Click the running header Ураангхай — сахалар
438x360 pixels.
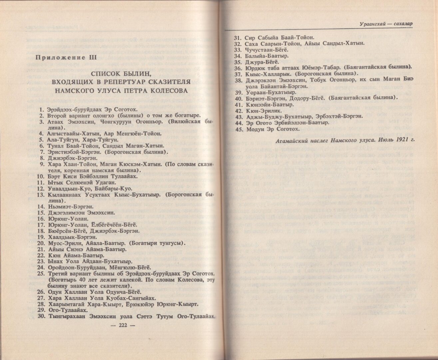pos(386,24)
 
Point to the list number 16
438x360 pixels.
pos(41,219)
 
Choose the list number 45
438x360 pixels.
pos(238,129)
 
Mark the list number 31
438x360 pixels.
pos(237,38)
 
